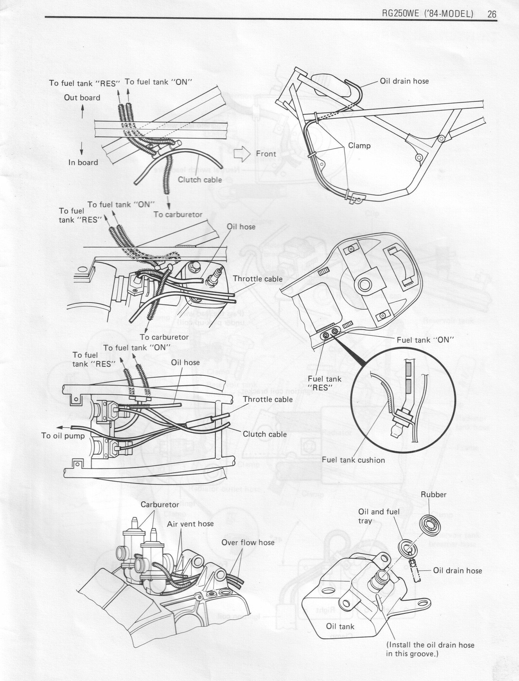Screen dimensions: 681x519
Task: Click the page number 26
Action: point(492,14)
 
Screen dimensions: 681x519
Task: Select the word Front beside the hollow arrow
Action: point(266,154)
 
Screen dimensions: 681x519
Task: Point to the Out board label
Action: point(82,98)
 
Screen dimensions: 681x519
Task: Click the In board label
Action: point(83,162)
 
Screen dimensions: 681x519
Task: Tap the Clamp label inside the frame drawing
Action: point(359,146)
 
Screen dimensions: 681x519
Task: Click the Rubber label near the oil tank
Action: point(434,495)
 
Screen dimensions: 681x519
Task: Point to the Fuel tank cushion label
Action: point(353,460)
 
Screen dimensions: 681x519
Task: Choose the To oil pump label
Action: point(63,436)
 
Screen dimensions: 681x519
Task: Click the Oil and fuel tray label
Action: point(379,516)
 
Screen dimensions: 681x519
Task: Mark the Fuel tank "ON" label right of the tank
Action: point(425,340)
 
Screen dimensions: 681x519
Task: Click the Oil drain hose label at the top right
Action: point(404,81)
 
